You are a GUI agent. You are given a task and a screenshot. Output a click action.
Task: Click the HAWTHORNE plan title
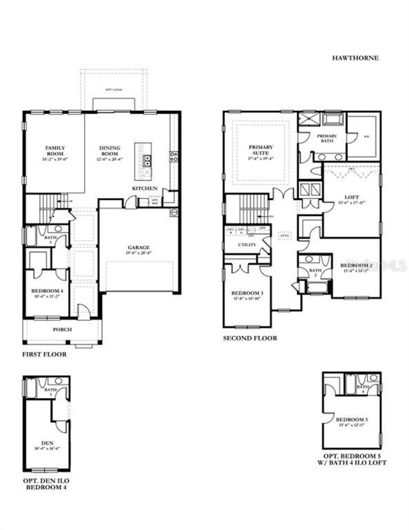tap(355, 58)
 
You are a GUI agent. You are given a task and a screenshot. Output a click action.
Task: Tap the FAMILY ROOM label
tap(55, 151)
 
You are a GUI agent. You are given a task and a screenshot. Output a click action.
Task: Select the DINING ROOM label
tap(110, 151)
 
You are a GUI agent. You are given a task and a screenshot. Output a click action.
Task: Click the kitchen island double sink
tap(147, 160)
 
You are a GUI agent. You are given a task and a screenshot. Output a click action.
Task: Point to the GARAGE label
tap(139, 247)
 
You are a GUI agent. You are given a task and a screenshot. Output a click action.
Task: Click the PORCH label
tap(62, 329)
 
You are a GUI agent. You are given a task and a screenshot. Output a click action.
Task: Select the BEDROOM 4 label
tap(47, 291)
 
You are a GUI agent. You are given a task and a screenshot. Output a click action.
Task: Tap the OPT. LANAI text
tap(114, 90)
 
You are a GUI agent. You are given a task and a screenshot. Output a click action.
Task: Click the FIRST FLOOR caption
tap(44, 354)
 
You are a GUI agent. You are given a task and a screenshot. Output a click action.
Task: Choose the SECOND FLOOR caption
tap(250, 338)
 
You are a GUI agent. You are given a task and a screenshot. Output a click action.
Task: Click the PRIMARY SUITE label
tap(261, 150)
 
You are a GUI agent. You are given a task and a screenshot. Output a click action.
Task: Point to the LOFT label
tap(351, 197)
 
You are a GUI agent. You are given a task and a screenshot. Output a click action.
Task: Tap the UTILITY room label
tap(247, 245)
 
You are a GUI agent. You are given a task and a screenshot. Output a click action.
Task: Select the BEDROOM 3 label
tap(247, 293)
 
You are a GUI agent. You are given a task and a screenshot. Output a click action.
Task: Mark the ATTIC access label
tap(284, 236)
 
